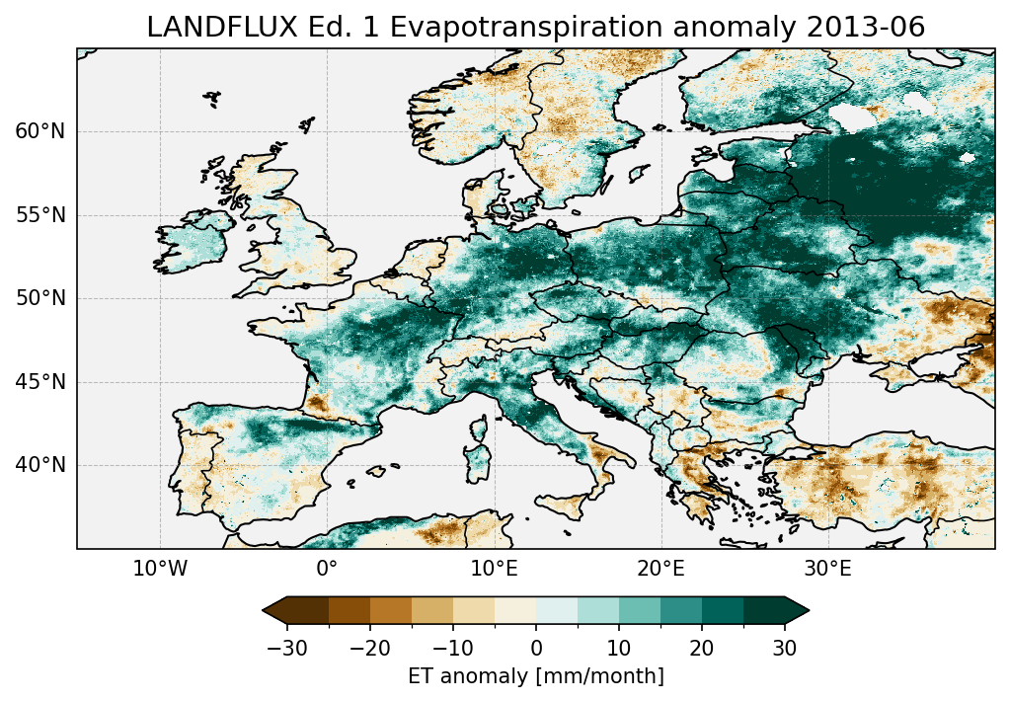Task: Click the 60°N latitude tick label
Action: [40, 132]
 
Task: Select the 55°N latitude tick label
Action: [40, 215]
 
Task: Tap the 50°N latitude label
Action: [40, 298]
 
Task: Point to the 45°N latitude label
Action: [40, 382]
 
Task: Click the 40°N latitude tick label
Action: [40, 465]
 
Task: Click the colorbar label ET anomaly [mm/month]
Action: [536, 676]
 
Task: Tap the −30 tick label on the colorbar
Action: [286, 649]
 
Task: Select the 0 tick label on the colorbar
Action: [536, 649]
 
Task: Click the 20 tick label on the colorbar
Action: [702, 649]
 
